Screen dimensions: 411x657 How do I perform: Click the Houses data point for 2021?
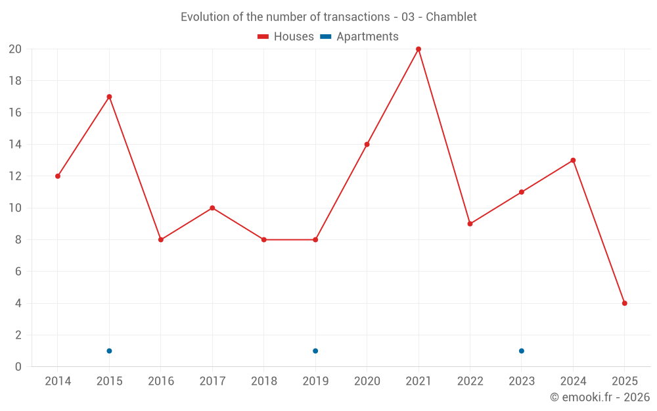419,49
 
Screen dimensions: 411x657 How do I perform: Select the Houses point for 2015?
109,97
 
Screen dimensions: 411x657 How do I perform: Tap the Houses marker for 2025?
624,303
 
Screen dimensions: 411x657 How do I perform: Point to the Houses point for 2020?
367,145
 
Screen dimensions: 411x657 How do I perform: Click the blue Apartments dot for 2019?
315,351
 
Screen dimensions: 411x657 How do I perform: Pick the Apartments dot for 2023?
522,351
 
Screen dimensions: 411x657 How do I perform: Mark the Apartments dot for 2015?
109,351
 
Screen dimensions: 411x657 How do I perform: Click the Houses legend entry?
286,37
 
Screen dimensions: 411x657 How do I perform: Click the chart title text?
328,16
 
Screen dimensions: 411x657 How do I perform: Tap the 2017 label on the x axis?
212,381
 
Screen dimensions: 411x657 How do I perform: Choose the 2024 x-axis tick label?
573,381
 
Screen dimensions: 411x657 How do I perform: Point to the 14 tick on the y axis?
15,145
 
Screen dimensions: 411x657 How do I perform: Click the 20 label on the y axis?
15,49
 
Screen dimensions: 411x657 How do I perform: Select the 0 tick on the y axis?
18,367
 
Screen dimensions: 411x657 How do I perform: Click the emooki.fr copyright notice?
599,397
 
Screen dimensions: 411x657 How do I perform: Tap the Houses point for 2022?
470,224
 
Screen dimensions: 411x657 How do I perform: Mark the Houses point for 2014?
58,176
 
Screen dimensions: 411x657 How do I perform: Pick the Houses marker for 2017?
212,208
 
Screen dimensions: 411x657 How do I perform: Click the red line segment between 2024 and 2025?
599,231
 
